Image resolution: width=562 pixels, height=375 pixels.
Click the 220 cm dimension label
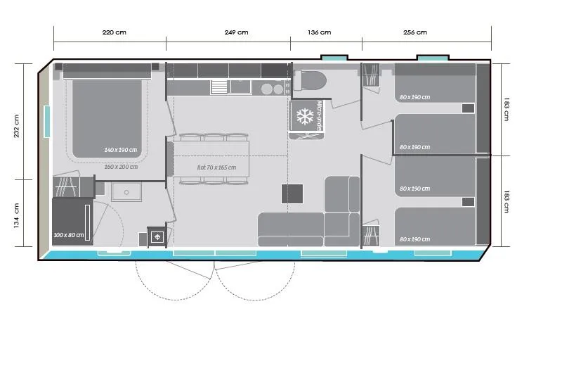click(114, 32)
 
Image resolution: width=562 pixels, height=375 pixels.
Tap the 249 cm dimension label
click(236, 32)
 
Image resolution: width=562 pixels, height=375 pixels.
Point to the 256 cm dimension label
click(415, 32)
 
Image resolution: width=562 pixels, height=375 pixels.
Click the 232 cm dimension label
click(18, 127)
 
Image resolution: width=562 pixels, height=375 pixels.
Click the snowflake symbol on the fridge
click(304, 117)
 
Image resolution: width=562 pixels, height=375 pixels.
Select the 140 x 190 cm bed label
click(121, 150)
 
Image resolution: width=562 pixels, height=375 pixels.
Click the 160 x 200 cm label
click(121, 167)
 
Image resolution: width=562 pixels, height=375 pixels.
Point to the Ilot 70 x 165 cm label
click(216, 167)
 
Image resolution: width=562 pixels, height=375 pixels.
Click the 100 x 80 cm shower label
click(69, 235)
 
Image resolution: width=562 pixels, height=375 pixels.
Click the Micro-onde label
click(318, 115)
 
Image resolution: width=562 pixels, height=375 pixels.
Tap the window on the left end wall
click(46, 121)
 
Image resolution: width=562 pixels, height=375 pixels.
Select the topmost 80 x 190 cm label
click(414, 97)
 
